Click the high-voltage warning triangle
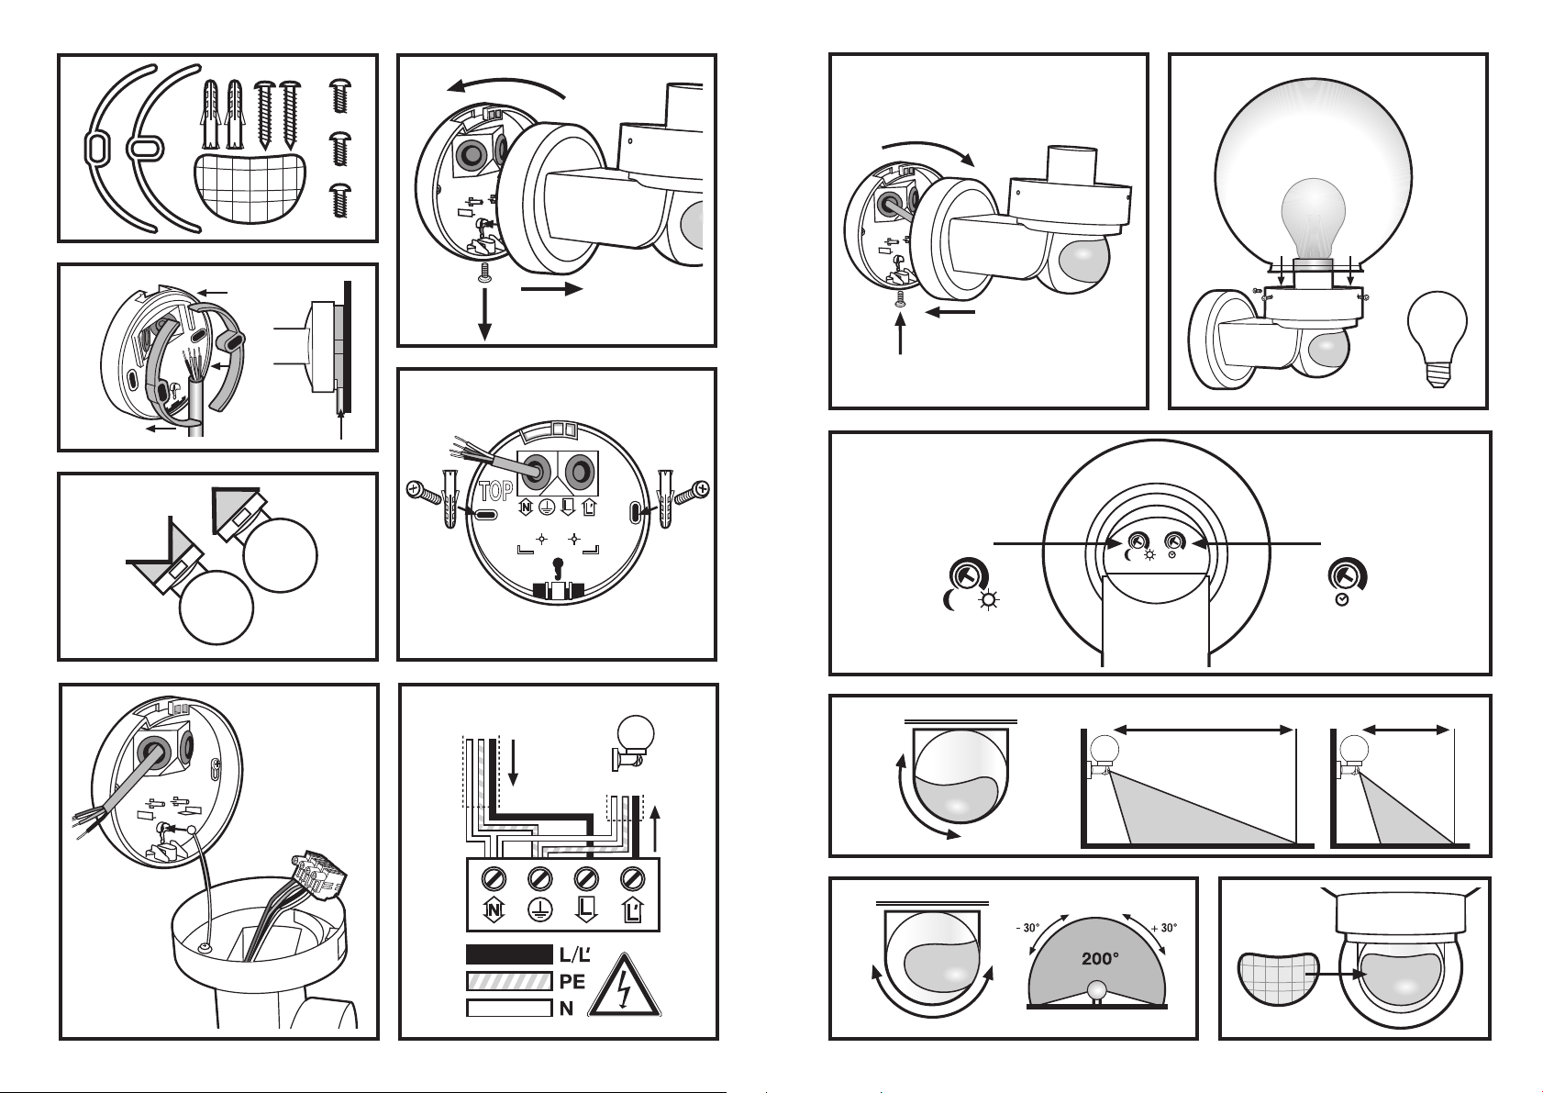(624, 987)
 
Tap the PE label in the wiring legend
(572, 981)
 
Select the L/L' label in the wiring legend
(575, 954)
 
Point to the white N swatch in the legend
(509, 1008)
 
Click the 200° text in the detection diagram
(1100, 958)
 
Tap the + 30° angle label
(1164, 928)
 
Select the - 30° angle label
(1027, 928)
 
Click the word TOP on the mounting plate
(496, 491)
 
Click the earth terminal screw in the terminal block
(539, 878)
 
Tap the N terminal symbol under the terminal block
(494, 910)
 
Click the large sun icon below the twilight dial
(989, 601)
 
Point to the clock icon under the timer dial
(1342, 601)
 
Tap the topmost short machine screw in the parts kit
(339, 95)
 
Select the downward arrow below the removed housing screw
(485, 314)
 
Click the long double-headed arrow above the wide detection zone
(1204, 730)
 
